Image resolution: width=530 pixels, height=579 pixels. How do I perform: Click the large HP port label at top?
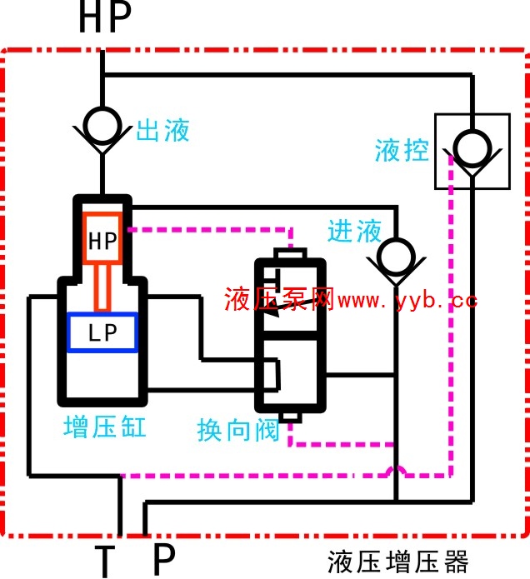coord(105,17)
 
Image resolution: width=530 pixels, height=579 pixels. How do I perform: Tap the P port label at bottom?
coord(164,560)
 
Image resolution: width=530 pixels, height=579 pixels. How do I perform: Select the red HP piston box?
coord(102,238)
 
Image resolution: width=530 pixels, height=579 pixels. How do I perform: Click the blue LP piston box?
coord(102,332)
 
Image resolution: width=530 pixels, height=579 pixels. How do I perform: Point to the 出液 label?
coord(162,130)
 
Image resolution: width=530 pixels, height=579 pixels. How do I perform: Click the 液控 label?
coord(402,150)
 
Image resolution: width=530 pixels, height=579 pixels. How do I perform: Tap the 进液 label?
coord(354,231)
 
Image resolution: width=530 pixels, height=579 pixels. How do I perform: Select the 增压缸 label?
coord(105,427)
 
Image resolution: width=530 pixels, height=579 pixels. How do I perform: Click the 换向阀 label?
coord(238,430)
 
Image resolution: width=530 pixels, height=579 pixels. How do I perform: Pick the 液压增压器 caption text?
coord(398,562)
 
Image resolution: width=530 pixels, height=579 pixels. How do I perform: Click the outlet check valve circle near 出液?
coord(102,126)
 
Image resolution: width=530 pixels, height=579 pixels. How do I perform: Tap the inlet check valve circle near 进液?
coord(397,257)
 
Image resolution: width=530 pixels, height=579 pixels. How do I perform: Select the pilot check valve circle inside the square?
coord(472,148)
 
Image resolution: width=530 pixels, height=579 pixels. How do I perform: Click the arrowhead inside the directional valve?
coord(272,312)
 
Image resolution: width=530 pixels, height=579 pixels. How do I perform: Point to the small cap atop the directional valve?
coord(290,254)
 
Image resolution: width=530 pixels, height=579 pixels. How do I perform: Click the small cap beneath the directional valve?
coord(290,417)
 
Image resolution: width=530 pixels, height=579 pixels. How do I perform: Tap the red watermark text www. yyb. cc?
coord(407,301)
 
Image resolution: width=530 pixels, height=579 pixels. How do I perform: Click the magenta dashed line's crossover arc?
coord(397,472)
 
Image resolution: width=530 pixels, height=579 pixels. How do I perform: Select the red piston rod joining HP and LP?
coord(102,288)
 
